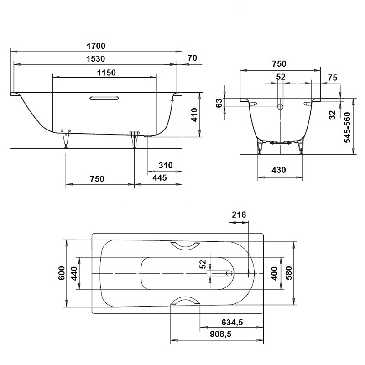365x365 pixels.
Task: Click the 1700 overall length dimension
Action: pos(96,46)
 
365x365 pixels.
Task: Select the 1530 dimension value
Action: pos(96,59)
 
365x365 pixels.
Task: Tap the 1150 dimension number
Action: pos(106,73)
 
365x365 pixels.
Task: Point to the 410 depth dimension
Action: pos(194,115)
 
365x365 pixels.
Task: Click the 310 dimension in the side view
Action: pos(166,165)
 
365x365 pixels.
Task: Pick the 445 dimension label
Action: pos(160,178)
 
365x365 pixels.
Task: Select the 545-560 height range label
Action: pos(347,128)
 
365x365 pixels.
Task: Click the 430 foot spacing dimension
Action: pos(279,170)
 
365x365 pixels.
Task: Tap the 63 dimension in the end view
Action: pos(219,103)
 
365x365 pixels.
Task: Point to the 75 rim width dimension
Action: pos(333,78)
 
